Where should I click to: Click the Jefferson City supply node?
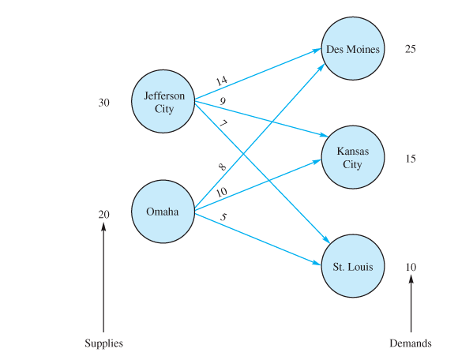pos(163,103)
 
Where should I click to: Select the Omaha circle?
pos(163,212)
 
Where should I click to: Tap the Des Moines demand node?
pos(353,49)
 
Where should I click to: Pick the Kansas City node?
pos(353,158)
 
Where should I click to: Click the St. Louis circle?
pos(353,266)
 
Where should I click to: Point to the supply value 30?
pos(104,103)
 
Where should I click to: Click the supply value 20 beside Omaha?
pos(104,214)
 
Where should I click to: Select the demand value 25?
pos(410,49)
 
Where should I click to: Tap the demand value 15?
pos(410,159)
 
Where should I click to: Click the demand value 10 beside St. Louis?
pos(410,267)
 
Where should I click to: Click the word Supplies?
pos(104,343)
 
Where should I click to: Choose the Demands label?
pos(411,343)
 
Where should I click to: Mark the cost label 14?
pos(222,81)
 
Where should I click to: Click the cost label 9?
pos(223,101)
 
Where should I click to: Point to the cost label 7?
pos(223,124)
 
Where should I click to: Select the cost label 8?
pos(222,167)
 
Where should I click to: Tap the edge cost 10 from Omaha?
pos(222,193)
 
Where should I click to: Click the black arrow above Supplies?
pos(103,276)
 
